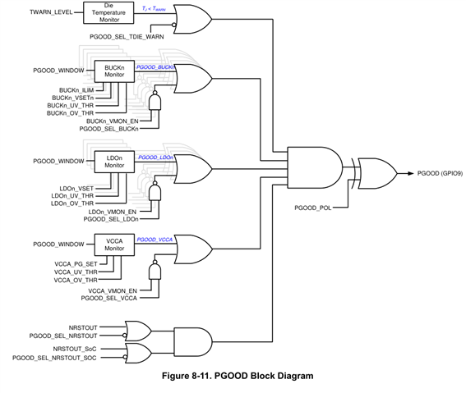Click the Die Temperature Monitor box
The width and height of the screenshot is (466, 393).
[108, 13]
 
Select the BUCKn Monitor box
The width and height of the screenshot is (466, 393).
[114, 71]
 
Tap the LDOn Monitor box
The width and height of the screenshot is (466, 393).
[114, 162]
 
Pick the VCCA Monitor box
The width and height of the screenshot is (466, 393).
[114, 244]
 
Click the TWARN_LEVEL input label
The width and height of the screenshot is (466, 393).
[51, 12]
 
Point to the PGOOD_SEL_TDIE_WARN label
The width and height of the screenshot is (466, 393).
[127, 37]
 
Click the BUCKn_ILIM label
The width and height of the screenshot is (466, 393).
[76, 90]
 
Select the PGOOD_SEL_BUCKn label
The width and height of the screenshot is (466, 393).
[108, 129]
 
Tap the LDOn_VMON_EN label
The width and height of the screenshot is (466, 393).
[113, 212]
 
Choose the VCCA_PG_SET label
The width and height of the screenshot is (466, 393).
[76, 264]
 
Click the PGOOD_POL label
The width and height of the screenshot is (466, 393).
[312, 208]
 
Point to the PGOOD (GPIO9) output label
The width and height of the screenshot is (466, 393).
[440, 173]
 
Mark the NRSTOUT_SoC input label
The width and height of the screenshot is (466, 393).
[75, 349]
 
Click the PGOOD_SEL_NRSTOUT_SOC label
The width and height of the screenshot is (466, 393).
[54, 358]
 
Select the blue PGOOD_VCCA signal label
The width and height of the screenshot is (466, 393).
[155, 240]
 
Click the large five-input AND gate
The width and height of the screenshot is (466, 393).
[315, 167]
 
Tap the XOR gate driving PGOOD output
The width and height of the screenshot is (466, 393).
[375, 173]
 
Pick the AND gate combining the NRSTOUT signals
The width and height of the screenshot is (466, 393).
[193, 341]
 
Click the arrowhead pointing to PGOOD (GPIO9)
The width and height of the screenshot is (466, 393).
[411, 173]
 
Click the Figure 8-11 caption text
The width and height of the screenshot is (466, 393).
[238, 376]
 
